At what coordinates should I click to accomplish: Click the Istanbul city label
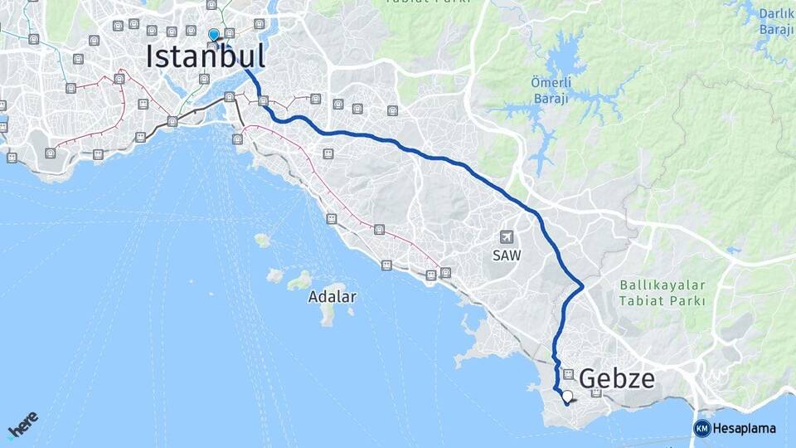206,56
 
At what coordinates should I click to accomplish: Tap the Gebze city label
617,379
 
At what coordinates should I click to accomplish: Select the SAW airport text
506,256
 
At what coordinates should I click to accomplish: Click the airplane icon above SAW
506,237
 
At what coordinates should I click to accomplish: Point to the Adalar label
332,296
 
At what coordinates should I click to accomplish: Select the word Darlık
776,14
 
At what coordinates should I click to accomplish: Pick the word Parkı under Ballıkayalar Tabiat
687,300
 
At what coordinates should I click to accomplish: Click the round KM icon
701,428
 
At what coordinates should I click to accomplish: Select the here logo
23,425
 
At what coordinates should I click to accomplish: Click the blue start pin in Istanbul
214,35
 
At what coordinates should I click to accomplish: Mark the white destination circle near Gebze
567,396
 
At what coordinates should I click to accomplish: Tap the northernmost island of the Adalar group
263,240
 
